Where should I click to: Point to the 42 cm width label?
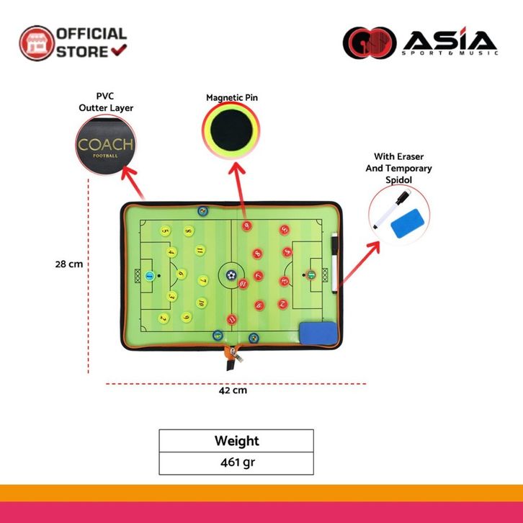(233, 390)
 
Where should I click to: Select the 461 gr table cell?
(236, 462)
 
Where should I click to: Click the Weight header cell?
(236, 441)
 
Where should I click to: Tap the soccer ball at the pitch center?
(231, 274)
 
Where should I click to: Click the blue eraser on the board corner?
(317, 333)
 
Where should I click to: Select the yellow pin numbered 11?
(200, 251)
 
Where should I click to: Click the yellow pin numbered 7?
(203, 281)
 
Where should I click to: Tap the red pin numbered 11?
(231, 319)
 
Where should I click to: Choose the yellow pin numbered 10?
(187, 316)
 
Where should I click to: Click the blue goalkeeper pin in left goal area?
(149, 275)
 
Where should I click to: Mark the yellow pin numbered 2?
(164, 317)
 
